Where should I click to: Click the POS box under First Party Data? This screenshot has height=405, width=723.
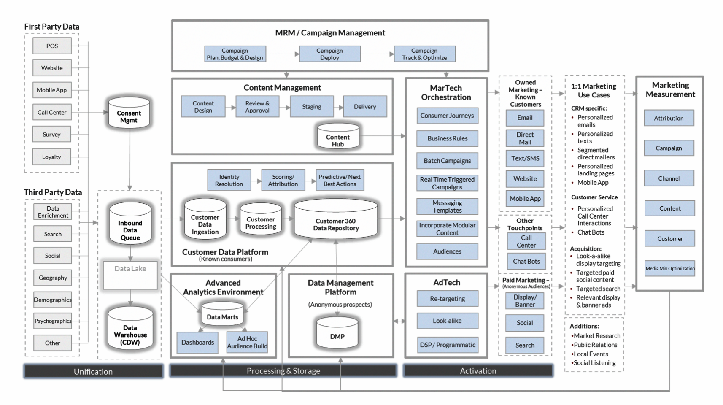52,46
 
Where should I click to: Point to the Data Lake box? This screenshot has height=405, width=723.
130,275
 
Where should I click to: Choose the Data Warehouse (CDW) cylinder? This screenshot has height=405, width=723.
130,329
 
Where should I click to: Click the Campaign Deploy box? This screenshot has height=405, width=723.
329,54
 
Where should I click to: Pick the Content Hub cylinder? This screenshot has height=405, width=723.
337,136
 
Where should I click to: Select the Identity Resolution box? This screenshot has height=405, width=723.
229,180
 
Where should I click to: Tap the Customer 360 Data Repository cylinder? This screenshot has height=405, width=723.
336,220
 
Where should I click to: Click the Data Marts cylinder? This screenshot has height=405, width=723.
222,314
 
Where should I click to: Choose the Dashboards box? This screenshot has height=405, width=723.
197,343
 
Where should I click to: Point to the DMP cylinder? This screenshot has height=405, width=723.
337,333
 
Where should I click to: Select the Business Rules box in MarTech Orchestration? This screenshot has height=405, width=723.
447,138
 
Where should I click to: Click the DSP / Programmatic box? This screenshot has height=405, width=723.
447,345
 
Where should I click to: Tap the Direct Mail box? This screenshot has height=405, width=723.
525,138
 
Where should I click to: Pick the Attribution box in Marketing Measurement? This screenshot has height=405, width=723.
669,118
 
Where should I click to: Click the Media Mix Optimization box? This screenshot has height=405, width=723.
670,269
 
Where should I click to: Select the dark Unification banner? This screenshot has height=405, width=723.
93,371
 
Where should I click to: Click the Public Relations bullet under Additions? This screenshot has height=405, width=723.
595,345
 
